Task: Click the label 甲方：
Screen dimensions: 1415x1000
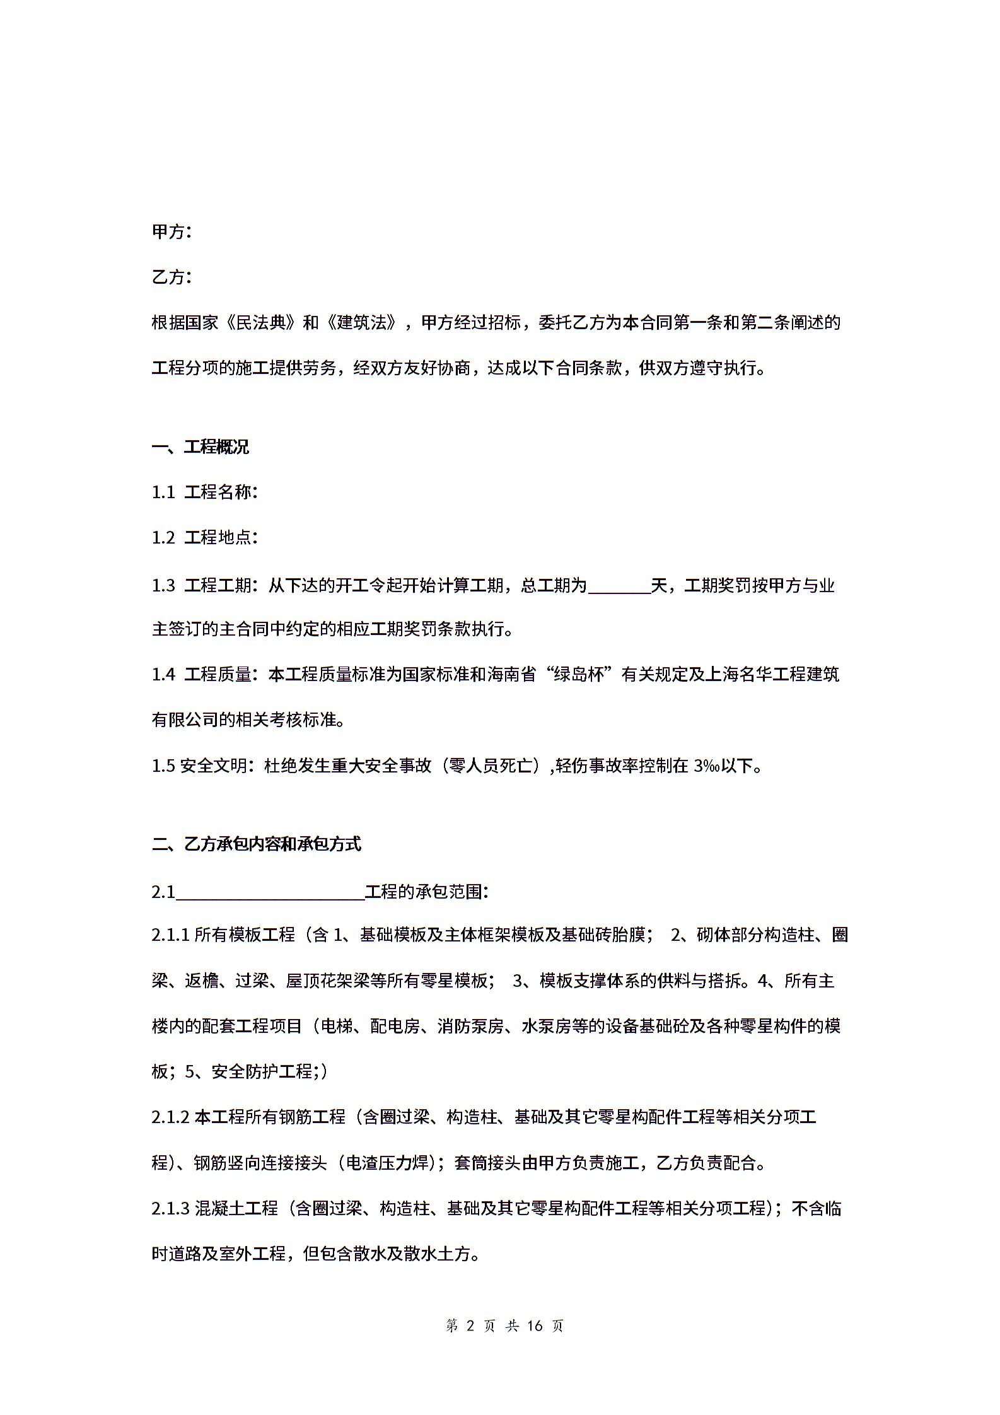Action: point(172,232)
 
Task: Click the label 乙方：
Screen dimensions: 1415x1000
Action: point(172,277)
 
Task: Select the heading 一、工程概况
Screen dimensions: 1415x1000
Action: point(201,448)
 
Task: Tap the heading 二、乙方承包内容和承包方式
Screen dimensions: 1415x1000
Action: point(257,844)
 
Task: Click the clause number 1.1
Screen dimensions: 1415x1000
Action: point(163,492)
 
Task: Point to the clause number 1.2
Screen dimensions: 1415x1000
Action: point(163,538)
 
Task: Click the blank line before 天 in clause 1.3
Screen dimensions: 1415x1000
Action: point(619,586)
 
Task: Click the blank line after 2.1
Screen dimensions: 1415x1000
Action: point(270,892)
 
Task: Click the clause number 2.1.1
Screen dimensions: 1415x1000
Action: point(170,935)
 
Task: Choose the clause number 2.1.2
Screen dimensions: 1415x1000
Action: point(170,1117)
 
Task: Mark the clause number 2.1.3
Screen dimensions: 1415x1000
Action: point(170,1209)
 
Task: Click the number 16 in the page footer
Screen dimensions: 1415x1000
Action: point(535,1326)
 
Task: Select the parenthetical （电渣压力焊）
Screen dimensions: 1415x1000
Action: point(387,1163)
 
